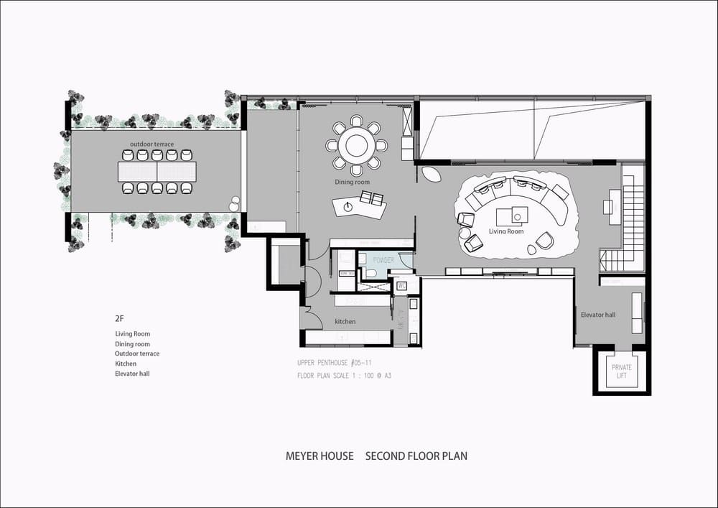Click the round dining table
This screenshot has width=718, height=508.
tap(357, 146)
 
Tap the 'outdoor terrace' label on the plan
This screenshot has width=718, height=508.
tap(151, 144)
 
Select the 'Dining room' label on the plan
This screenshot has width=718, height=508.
tap(352, 183)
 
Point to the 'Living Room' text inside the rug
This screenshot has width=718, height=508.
tap(507, 231)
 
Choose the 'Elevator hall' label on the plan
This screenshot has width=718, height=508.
tap(598, 315)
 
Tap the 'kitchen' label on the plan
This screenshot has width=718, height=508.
tap(345, 321)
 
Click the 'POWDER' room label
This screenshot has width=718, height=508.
tap(383, 260)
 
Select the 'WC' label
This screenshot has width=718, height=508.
tap(402, 285)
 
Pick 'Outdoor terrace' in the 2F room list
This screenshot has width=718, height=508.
tap(137, 354)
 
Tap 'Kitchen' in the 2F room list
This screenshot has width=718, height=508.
tap(126, 364)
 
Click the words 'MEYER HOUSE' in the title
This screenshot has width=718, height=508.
tap(320, 456)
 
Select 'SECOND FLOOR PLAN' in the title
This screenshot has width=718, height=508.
tap(416, 456)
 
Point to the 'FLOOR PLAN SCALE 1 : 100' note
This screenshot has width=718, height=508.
tap(344, 375)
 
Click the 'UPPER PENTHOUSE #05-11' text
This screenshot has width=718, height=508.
tap(334, 363)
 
